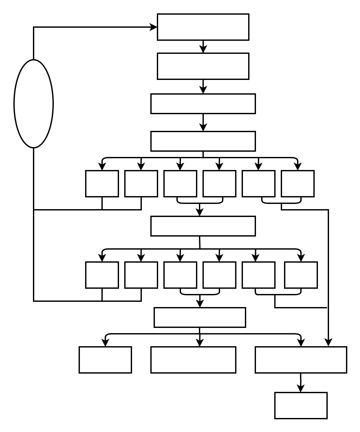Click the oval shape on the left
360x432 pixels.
click(x=34, y=104)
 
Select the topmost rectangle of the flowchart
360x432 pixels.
click(x=203, y=27)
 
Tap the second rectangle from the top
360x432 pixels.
click(x=203, y=66)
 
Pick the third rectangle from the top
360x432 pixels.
click(x=203, y=104)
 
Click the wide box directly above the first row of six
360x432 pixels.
click(x=203, y=141)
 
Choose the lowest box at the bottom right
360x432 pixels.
click(x=301, y=405)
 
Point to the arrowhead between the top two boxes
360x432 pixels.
click(x=203, y=49)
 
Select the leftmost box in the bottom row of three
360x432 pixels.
click(x=105, y=360)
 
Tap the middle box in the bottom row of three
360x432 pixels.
click(x=193, y=360)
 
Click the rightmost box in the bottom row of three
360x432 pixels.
click(x=301, y=360)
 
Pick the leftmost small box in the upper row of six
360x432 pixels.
click(x=102, y=184)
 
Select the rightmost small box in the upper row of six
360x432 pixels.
click(x=297, y=184)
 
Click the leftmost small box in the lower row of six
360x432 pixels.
click(x=102, y=275)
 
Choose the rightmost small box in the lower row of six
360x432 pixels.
click(x=301, y=275)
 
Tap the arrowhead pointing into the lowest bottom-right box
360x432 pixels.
click(x=301, y=388)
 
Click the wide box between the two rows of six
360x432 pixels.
click(x=203, y=226)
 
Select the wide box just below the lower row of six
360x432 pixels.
click(x=200, y=317)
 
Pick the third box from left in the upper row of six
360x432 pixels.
click(x=180, y=184)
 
